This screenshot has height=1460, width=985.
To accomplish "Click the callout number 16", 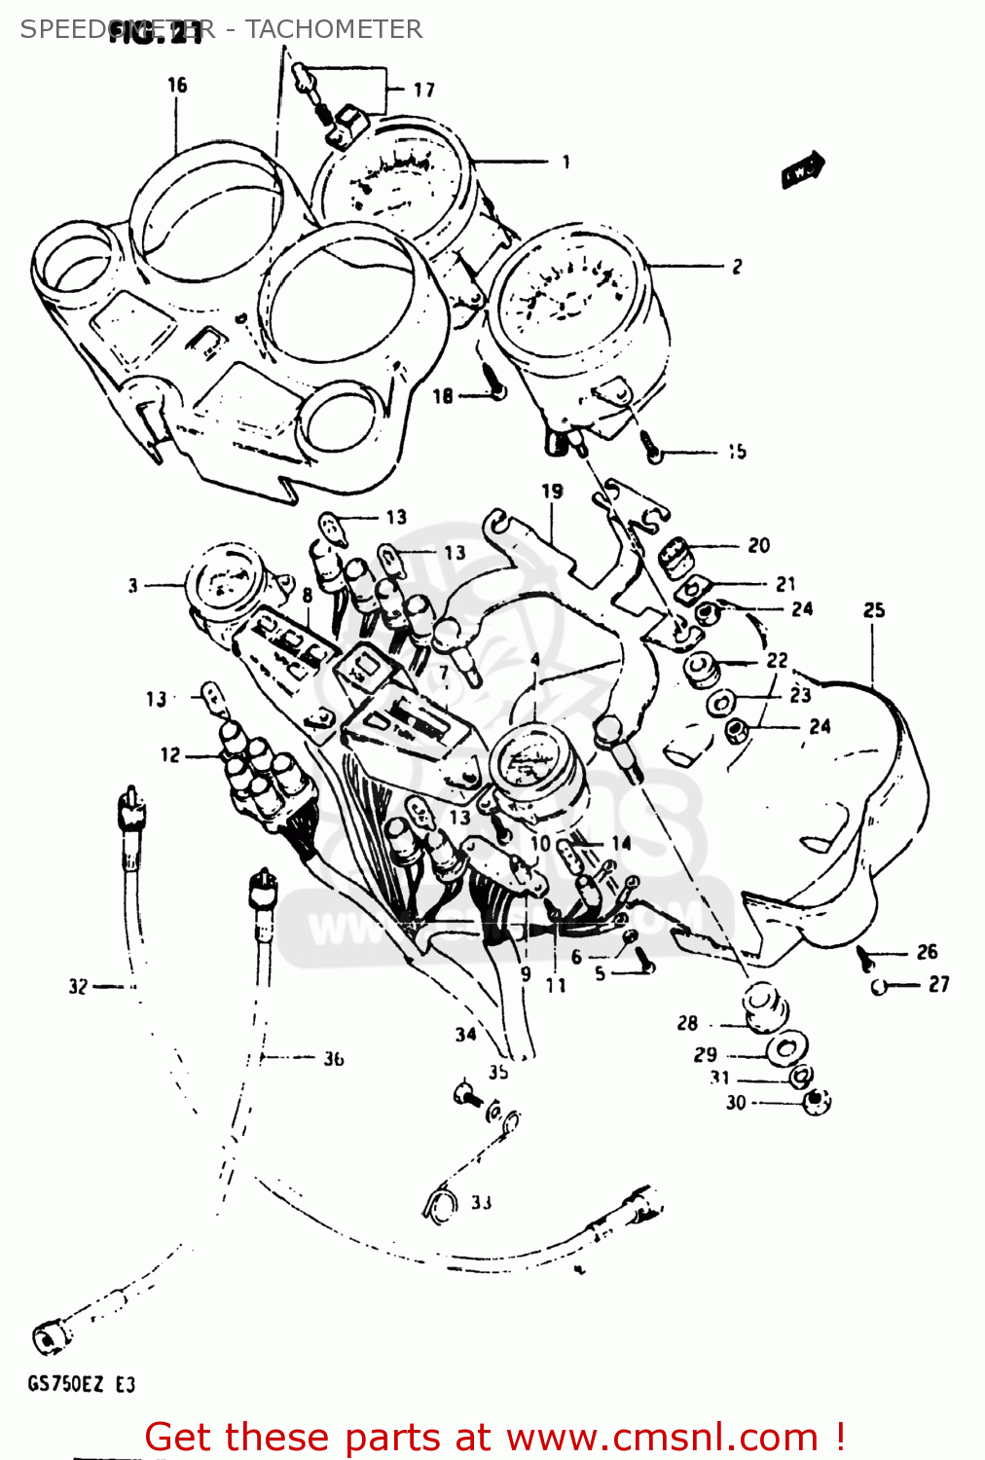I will (x=177, y=85).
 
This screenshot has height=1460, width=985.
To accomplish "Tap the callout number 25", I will (x=874, y=610).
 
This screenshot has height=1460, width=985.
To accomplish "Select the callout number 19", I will (x=553, y=492).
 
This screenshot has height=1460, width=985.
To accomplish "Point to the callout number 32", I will (x=78, y=986).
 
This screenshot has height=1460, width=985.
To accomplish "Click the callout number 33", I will (x=481, y=1202).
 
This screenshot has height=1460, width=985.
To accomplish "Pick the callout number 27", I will (x=938, y=984).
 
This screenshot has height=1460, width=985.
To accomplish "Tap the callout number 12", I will (x=170, y=754).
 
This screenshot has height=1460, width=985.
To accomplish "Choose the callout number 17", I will (x=424, y=90).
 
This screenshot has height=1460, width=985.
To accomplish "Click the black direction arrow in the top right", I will (x=803, y=170).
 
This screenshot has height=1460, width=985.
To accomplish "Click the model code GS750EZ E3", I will (x=82, y=1384).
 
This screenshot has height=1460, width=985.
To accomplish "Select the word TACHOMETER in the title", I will (x=333, y=29).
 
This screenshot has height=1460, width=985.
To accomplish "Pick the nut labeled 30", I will (x=816, y=1102).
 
